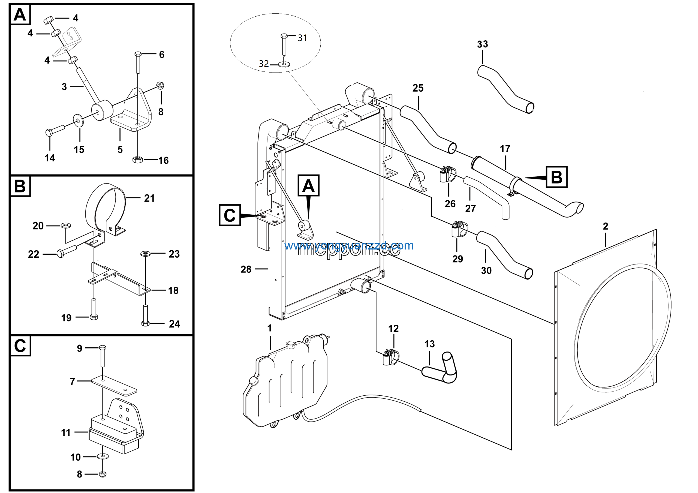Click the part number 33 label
[x=482, y=44]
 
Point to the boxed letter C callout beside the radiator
[x=230, y=215]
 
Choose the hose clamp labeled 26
[x=447, y=174]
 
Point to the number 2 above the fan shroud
[x=605, y=226]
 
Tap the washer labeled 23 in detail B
[x=145, y=253]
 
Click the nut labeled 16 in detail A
[x=137, y=159]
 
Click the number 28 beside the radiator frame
[x=246, y=269]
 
